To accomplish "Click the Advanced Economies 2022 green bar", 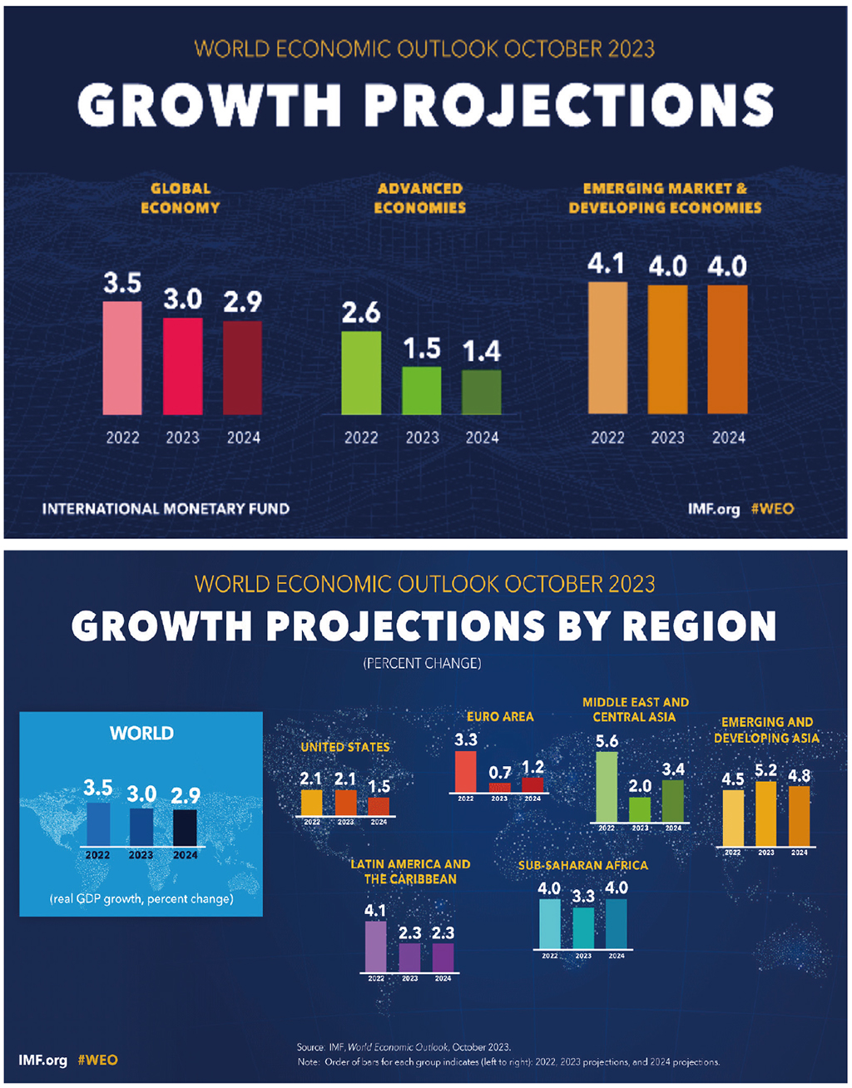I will pos(361,373).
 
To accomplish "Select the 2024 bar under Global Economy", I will pos(243,368).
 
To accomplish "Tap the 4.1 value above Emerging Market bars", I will pos(607,264).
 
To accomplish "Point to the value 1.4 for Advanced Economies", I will pos(482,352).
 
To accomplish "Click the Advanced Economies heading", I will pos(420,198).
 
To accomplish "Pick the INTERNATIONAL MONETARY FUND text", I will pos(166,508).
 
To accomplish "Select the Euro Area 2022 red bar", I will pos(466,771).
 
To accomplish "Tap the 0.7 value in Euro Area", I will pos(499,773).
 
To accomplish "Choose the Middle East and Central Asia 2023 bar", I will pos(640,809).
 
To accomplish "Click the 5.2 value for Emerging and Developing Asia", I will pos(765,769).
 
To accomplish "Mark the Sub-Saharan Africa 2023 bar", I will pos(583,927).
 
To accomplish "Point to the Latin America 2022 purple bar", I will pos(376,946).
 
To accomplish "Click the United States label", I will pos(345,747).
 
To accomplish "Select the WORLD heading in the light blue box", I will pos(141,733).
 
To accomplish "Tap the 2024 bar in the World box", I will pos(186,827).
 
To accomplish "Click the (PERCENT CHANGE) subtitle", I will pos(423,663).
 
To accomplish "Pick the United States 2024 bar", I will pos(379,806).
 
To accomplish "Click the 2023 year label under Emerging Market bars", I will pos(667,438).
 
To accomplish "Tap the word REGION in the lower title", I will pos(700,626).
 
